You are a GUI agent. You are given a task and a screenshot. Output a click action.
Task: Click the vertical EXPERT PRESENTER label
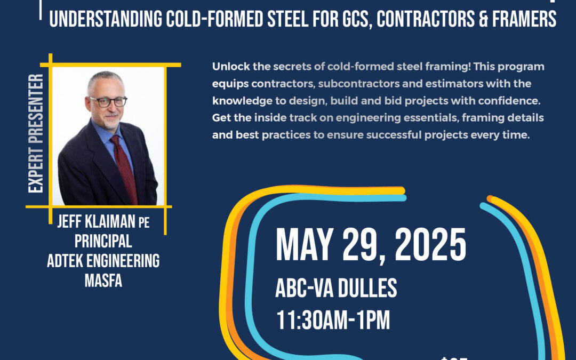coord(36,133)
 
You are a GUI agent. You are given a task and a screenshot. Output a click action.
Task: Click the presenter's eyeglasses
coord(108,101)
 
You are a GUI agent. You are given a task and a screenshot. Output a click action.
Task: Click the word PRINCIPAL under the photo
coord(103,242)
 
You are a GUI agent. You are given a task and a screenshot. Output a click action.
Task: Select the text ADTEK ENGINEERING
coord(103,261)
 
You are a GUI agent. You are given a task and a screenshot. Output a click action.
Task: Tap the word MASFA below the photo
coord(103,280)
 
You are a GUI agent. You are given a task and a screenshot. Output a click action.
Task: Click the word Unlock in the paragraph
coord(228,67)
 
